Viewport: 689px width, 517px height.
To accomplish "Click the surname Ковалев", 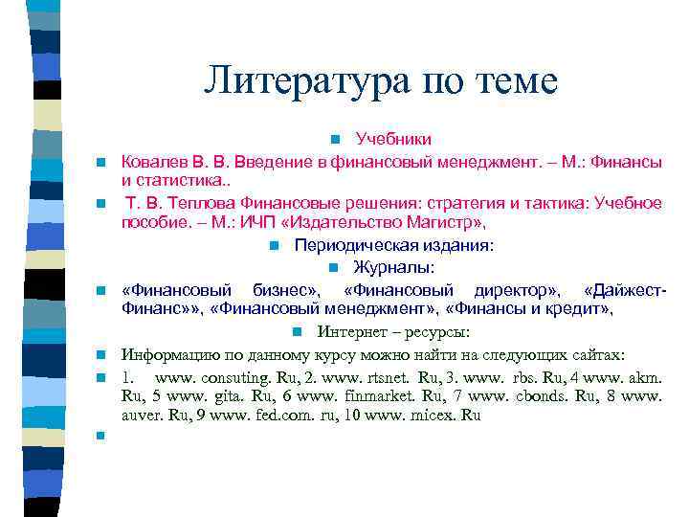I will pyautogui.click(x=154, y=163).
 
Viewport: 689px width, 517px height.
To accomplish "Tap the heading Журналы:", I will pyautogui.click(x=393, y=266).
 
